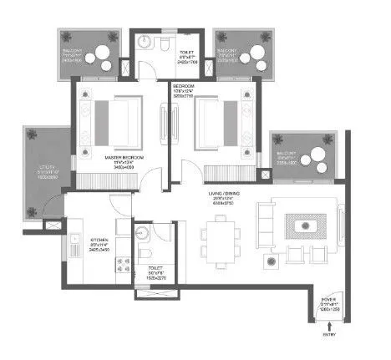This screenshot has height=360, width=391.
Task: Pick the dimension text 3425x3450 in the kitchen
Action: [x=100, y=250]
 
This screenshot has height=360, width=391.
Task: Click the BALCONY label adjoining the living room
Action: [x=287, y=154]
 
